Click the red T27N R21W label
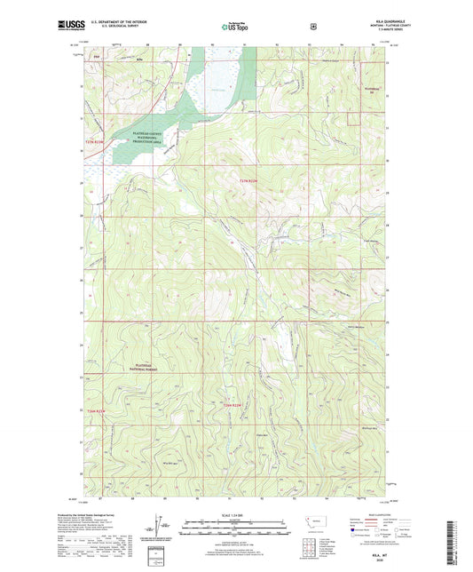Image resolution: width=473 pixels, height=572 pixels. pos(252,181)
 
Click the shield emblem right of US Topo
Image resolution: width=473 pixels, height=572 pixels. pos(313,27)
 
